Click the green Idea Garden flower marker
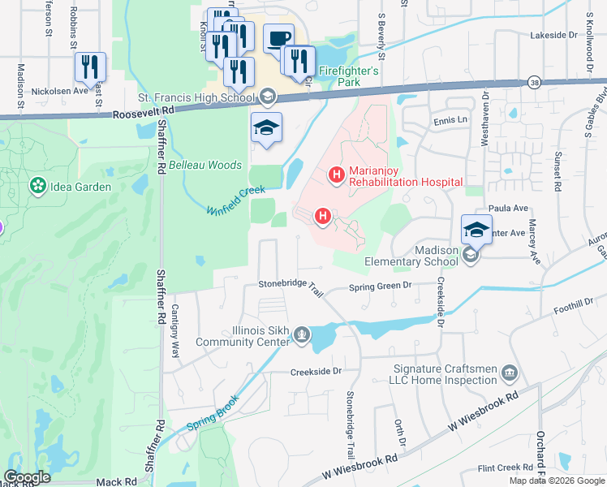pos(37,187)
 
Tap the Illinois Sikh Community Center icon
pos(302,334)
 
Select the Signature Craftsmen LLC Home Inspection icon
pos(509,373)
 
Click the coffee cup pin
pos(278,39)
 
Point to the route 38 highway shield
pos(532,82)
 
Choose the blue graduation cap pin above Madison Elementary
pos(476,230)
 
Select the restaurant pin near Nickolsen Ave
pos(89,67)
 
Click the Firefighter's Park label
pos(349,71)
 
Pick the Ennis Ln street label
pos(452,119)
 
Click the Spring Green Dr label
pos(381,286)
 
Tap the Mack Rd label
pos(113,481)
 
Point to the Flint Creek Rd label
pos(506,468)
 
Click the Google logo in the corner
pos(27,477)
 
